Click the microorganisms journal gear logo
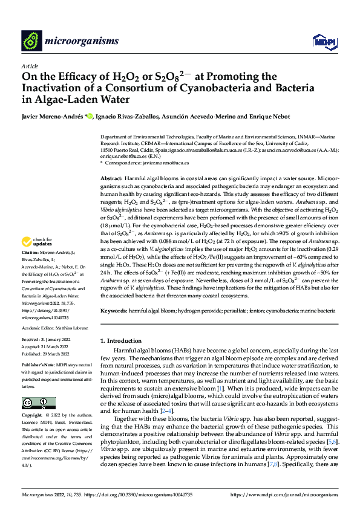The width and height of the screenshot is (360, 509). tap(31, 40)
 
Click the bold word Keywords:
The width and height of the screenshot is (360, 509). tap(114, 310)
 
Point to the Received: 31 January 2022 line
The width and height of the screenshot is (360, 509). tap(46, 340)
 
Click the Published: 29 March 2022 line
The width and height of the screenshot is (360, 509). tap(47, 354)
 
